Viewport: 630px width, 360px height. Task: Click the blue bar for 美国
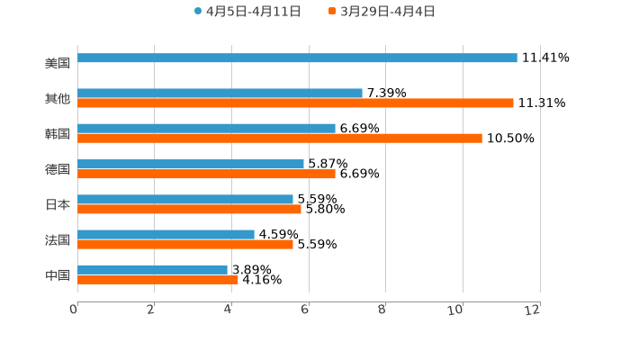coord(297,58)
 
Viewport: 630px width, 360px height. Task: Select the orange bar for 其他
coord(295,103)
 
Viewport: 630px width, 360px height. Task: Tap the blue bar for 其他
coord(220,94)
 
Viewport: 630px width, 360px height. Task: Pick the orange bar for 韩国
coord(279,139)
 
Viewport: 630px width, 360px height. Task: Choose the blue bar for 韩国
coord(206,129)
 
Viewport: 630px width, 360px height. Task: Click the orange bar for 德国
coord(206,174)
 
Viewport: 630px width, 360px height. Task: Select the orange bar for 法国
coord(185,244)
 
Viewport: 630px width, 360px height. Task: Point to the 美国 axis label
coord(58,64)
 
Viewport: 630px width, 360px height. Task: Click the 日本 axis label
coord(58,204)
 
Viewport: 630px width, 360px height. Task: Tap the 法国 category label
coord(58,239)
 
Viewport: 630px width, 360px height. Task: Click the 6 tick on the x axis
coord(306,310)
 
